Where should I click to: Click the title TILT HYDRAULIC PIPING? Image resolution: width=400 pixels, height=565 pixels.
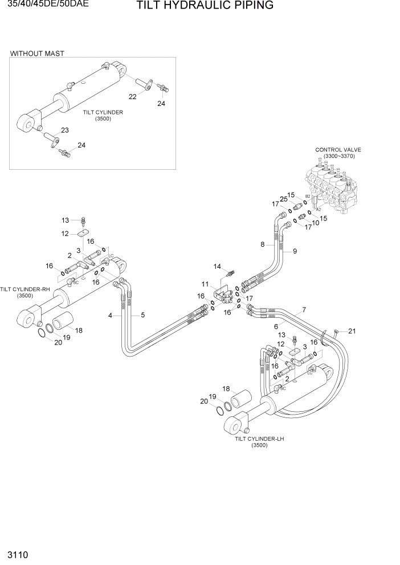click(197, 6)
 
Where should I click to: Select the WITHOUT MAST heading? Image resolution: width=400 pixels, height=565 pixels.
click(37, 54)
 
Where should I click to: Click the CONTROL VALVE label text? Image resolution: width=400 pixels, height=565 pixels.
click(338, 150)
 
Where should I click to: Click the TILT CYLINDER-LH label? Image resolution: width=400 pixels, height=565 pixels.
click(259, 439)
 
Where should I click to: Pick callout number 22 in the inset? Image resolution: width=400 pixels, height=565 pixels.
click(133, 97)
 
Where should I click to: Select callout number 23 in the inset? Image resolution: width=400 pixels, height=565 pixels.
click(64, 130)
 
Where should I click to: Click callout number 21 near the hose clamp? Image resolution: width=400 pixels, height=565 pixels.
click(352, 331)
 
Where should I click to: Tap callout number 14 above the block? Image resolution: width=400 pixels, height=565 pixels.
click(217, 266)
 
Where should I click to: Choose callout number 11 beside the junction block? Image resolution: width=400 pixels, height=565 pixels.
click(205, 284)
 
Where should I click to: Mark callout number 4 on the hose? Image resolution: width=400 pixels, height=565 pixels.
click(111, 315)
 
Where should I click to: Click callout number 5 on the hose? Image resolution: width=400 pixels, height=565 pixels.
click(142, 315)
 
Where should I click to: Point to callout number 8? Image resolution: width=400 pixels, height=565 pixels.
click(263, 245)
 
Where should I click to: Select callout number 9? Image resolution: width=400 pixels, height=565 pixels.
click(295, 251)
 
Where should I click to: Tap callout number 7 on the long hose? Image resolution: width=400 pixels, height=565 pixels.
click(304, 310)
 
